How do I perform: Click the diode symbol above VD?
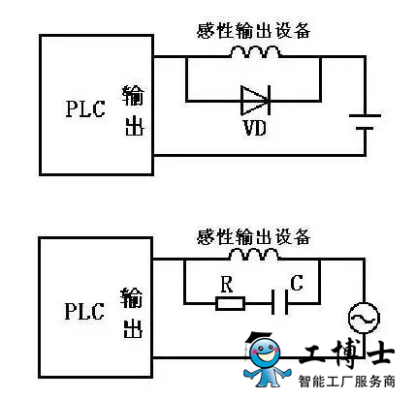click(255, 100)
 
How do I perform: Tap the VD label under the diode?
click(255, 128)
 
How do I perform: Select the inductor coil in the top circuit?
click(255, 52)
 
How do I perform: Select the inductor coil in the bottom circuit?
click(254, 255)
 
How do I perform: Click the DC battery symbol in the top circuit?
click(365, 122)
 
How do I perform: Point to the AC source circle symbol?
click(364, 318)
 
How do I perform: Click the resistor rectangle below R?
click(230, 303)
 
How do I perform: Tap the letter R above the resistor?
click(227, 284)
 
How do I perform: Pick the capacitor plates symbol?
click(279, 302)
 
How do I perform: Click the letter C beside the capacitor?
click(297, 283)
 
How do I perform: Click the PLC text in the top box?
click(85, 108)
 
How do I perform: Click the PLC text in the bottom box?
click(84, 311)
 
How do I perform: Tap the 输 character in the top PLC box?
click(133, 96)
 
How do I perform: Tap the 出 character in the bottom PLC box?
click(133, 329)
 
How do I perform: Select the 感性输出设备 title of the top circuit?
click(254, 31)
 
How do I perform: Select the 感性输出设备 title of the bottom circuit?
click(254, 236)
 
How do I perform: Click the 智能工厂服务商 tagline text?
click(346, 382)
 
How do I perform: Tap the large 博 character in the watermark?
click(347, 353)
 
